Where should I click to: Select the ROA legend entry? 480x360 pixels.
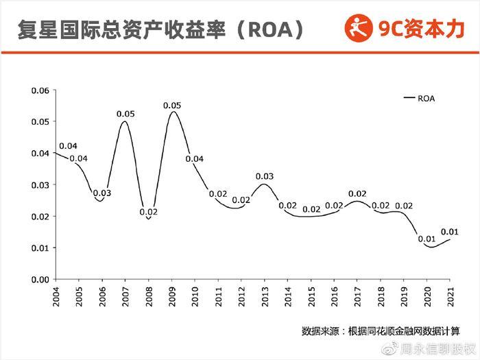pyautogui.click(x=420, y=98)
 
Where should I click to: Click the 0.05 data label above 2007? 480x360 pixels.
pyautogui.click(x=125, y=113)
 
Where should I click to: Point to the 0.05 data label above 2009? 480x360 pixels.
pyautogui.click(x=172, y=105)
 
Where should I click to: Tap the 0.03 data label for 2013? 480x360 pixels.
pyautogui.click(x=265, y=176)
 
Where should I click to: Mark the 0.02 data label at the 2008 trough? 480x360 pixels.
pyautogui.click(x=148, y=212)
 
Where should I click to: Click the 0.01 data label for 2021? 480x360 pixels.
pyautogui.click(x=450, y=232)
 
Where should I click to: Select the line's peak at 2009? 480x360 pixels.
pyautogui.click(x=172, y=112)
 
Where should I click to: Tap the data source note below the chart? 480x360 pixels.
pyautogui.click(x=381, y=331)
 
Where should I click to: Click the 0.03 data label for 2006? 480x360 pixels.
pyautogui.click(x=102, y=193)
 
